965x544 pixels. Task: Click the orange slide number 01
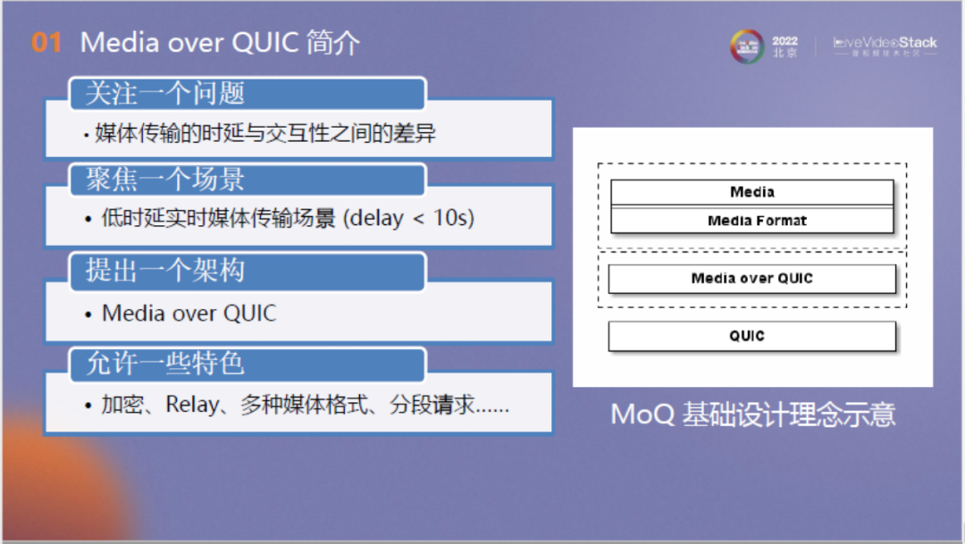[x=46, y=43]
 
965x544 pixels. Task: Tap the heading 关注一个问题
[x=164, y=93]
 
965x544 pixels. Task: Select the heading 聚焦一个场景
[x=164, y=180]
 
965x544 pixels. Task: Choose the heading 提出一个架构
[x=164, y=270]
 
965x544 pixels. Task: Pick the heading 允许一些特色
[x=164, y=363]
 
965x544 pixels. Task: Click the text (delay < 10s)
[x=416, y=218]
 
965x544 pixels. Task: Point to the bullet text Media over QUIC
[x=189, y=314]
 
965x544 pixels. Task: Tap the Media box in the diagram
[x=751, y=192]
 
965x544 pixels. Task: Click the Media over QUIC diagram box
[x=751, y=279]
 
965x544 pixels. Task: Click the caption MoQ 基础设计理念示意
[x=752, y=414]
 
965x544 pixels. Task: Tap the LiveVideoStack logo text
[x=885, y=42]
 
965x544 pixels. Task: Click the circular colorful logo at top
[x=747, y=46]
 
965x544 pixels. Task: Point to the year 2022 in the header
[x=785, y=41]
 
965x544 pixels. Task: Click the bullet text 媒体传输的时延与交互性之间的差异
[x=265, y=134]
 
